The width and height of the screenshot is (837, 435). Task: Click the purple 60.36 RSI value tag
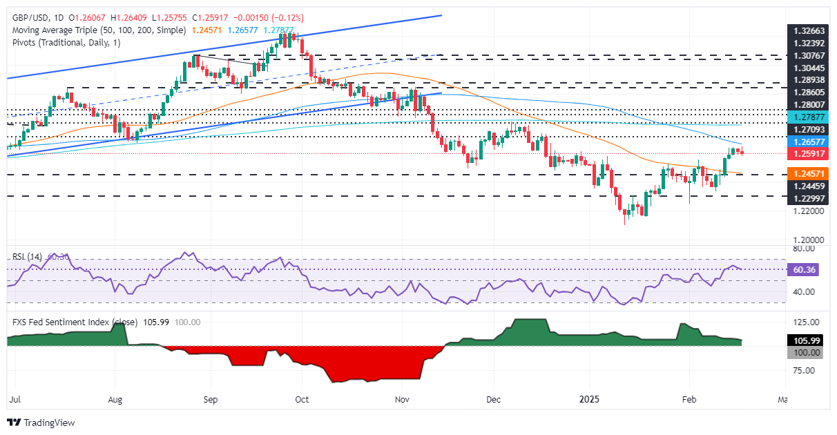(x=803, y=270)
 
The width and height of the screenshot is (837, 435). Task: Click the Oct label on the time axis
(x=301, y=399)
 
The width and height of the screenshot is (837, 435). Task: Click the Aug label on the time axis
(x=115, y=399)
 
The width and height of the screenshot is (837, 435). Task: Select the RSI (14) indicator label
(x=26, y=256)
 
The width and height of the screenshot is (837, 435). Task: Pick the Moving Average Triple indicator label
(x=97, y=30)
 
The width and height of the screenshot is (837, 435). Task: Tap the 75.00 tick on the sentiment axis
(x=805, y=370)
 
